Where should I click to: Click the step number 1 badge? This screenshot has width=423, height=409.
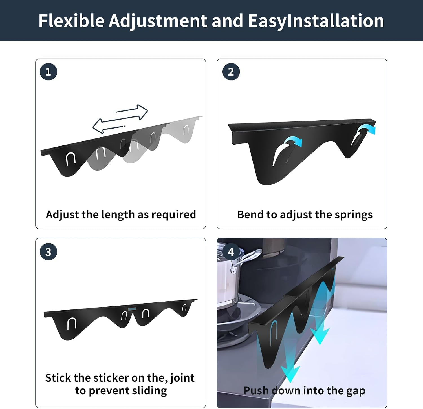click(49, 72)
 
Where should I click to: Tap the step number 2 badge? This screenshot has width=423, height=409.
click(231, 72)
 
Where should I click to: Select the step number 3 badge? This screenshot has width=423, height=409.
click(49, 252)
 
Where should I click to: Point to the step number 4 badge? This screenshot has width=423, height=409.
click(231, 252)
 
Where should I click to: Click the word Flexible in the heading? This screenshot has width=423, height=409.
click(72, 21)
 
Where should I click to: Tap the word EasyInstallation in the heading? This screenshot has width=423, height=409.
click(316, 21)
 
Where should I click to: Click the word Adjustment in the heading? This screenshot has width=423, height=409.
click(158, 21)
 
